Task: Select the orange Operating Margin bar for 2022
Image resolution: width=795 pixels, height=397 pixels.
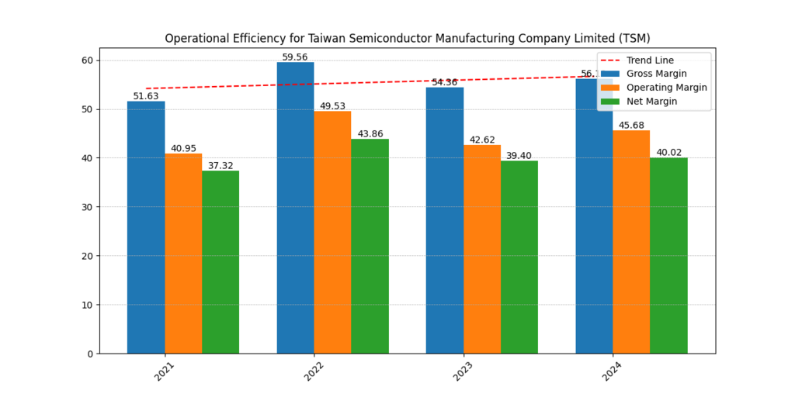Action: click(332, 233)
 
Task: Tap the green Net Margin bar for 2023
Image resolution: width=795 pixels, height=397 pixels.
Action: click(519, 257)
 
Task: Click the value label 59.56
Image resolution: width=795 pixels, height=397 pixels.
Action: click(295, 57)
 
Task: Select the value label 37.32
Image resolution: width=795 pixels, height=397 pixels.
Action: click(220, 166)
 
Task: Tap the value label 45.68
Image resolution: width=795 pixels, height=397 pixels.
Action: click(631, 126)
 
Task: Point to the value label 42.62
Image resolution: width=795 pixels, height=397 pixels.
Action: click(482, 140)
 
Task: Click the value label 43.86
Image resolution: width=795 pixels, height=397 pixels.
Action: click(370, 134)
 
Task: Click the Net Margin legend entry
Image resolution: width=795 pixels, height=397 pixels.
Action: click(651, 102)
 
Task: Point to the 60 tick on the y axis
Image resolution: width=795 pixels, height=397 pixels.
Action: click(87, 60)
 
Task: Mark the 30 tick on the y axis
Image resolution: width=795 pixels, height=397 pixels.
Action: click(87, 207)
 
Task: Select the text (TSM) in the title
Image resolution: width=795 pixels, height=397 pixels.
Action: click(633, 38)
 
